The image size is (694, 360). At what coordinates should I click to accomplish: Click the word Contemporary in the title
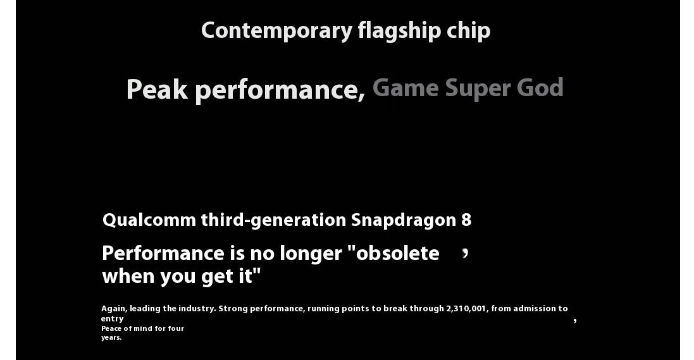pyautogui.click(x=276, y=31)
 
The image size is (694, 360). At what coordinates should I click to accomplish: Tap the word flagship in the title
pyautogui.click(x=399, y=31)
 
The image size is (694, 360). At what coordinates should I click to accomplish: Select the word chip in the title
pyautogui.click(x=468, y=31)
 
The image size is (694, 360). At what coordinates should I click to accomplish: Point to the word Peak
pyautogui.click(x=157, y=89)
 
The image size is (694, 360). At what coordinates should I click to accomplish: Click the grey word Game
pyautogui.click(x=406, y=88)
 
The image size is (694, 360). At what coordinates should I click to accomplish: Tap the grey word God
pyautogui.click(x=540, y=88)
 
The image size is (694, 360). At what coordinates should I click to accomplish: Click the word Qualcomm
pyautogui.click(x=149, y=220)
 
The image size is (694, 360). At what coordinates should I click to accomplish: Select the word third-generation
pyautogui.click(x=273, y=220)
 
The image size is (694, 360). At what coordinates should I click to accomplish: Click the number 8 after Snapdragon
pyautogui.click(x=466, y=220)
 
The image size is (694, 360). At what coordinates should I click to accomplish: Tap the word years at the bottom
pyautogui.click(x=111, y=337)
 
